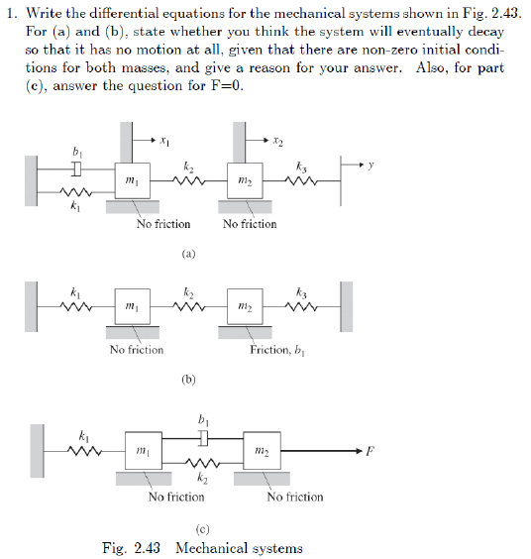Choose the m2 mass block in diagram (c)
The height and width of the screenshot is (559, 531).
259,451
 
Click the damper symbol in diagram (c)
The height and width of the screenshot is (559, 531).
202,435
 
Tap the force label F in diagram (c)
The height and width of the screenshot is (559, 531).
370,452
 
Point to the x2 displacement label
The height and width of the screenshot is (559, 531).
278,141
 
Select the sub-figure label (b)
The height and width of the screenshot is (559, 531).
188,380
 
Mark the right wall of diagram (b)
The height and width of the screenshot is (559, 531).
346,306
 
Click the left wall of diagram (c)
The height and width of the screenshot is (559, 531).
37,451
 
